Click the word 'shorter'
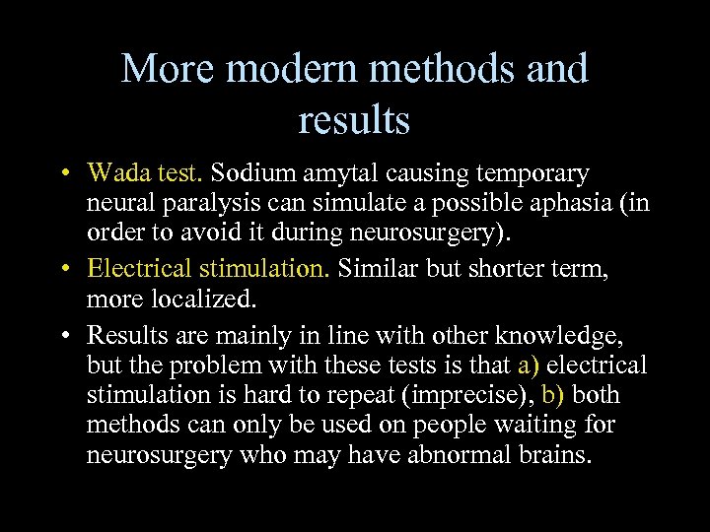point(515,266)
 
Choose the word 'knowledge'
point(564,336)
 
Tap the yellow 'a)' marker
point(529,366)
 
